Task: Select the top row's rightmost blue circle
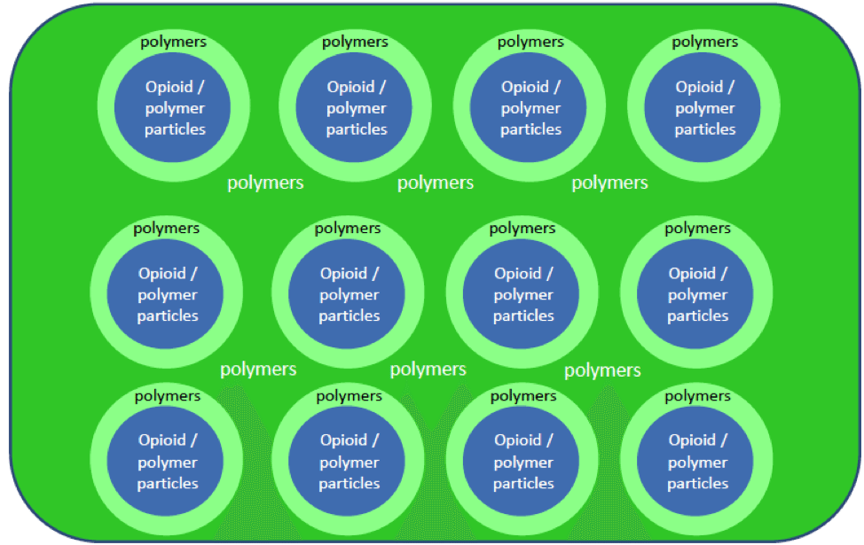click(704, 108)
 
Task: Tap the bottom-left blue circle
click(167, 462)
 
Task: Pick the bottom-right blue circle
click(697, 462)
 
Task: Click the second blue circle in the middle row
click(349, 295)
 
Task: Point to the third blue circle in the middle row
click(522, 295)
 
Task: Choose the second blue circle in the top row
click(356, 108)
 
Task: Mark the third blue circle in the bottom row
click(522, 462)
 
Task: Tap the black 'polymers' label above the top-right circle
click(704, 42)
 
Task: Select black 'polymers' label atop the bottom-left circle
click(167, 396)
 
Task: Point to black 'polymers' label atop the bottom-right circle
click(697, 396)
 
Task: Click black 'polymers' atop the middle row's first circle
click(167, 229)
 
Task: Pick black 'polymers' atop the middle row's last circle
click(697, 229)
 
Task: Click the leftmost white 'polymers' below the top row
click(265, 183)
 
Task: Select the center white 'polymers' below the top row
click(435, 183)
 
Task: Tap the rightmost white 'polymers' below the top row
click(609, 183)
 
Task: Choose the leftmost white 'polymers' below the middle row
click(258, 370)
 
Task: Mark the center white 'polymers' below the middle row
click(428, 370)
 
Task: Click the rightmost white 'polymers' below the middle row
click(602, 370)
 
